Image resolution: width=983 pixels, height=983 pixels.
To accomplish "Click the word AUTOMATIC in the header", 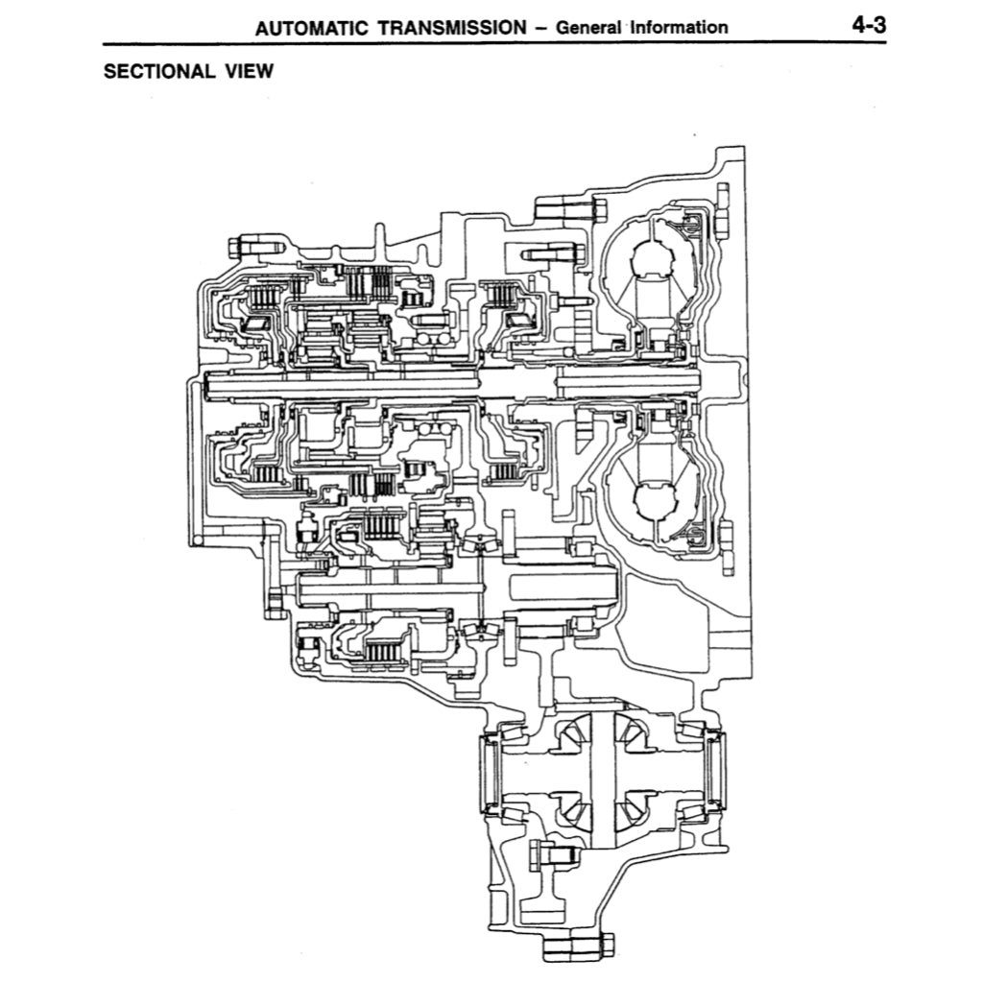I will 313,27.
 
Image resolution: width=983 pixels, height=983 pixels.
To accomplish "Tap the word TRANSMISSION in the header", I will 452,27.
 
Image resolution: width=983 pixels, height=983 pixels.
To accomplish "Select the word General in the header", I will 589,27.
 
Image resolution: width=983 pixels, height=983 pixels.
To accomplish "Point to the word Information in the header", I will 679,27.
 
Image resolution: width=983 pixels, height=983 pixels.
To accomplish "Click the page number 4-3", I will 868,25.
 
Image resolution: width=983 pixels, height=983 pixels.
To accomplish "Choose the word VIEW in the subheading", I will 248,72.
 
